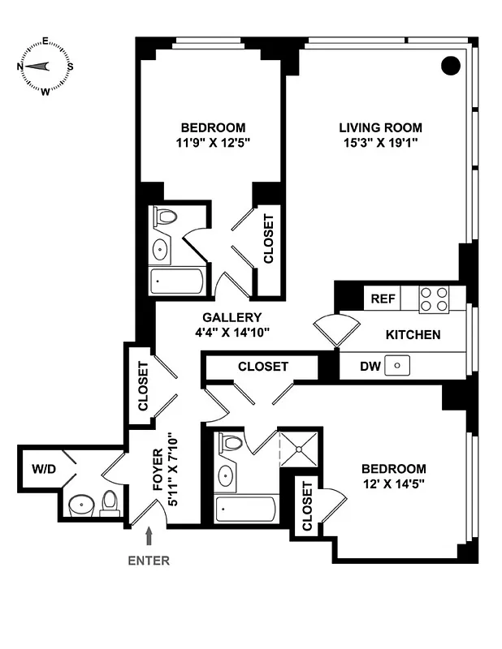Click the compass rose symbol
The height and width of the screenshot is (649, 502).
[45, 67]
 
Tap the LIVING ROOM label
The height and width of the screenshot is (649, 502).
[380, 127]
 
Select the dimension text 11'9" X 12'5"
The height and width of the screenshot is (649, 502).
[212, 144]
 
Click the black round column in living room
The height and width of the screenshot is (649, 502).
[451, 66]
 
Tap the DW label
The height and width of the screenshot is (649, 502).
[370, 366]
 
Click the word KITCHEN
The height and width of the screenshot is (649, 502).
[413, 334]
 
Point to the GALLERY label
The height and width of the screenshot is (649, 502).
[232, 317]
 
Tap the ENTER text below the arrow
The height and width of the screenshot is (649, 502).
[149, 560]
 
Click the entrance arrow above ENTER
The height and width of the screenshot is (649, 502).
[149, 536]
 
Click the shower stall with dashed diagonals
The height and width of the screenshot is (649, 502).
[299, 449]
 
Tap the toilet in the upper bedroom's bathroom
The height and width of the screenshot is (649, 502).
[165, 218]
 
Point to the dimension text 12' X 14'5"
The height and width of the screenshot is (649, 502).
[393, 485]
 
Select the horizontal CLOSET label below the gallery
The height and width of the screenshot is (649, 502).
[262, 367]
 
